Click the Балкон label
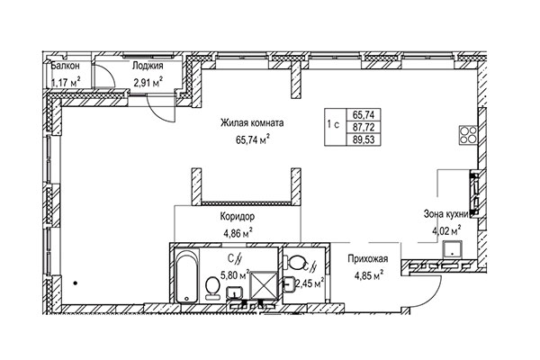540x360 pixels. [65, 66]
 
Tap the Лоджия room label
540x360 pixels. [148, 66]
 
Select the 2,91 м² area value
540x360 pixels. [148, 83]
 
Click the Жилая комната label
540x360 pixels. [252, 123]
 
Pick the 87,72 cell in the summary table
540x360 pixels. [364, 127]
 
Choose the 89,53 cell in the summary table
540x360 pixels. [364, 139]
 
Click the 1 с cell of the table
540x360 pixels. [333, 124]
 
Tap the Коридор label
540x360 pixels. [238, 217]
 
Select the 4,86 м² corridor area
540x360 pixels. [238, 233]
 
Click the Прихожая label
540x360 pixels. [368, 258]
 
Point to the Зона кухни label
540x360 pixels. [446, 214]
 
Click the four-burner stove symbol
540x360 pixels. [468, 135]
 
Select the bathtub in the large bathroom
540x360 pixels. [187, 276]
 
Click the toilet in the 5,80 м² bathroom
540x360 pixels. [212, 288]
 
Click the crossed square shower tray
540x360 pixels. [264, 285]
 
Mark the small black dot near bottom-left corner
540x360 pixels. [75, 283]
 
